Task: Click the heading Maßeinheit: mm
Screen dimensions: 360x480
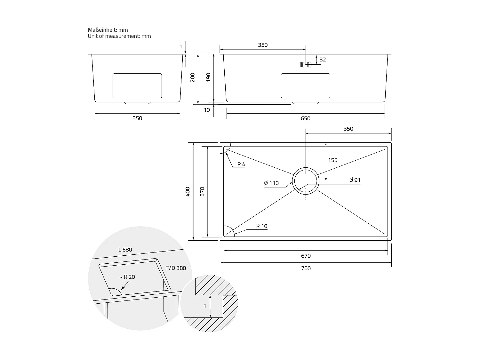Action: coord(108,30)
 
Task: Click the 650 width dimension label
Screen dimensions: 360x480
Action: coord(306,118)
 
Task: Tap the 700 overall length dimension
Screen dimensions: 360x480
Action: coord(306,268)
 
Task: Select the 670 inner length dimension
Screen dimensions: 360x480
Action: coord(306,256)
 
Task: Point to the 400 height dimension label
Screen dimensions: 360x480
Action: coord(188,191)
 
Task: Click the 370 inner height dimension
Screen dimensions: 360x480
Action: coord(202,191)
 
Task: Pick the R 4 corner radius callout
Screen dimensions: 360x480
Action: coord(241,164)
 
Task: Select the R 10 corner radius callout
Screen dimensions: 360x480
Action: coord(261,226)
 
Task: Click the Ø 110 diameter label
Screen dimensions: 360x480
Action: coord(271,183)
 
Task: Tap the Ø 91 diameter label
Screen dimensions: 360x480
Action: coord(355,180)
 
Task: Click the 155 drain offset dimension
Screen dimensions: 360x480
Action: coord(333,160)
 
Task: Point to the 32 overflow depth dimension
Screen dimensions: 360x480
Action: coord(323,60)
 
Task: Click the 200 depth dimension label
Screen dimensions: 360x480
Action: coord(193,77)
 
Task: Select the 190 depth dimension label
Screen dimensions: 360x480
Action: coord(208,77)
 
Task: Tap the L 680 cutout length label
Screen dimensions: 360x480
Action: coord(125,250)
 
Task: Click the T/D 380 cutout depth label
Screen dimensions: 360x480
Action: coord(176,268)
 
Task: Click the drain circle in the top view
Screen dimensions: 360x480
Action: coord(306,181)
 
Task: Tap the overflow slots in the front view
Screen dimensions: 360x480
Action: coord(306,65)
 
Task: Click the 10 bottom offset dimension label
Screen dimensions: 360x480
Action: coord(207,110)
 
